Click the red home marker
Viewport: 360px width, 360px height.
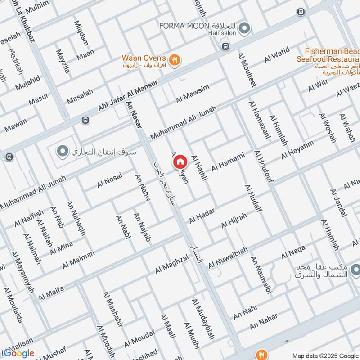click(180, 162)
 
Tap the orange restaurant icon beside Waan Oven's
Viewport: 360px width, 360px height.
click(175, 59)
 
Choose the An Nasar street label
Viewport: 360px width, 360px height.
click(135, 114)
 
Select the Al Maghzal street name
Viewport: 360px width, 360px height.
click(172, 264)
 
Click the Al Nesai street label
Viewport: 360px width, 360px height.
click(109, 180)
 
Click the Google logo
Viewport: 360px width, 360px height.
click(18, 353)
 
